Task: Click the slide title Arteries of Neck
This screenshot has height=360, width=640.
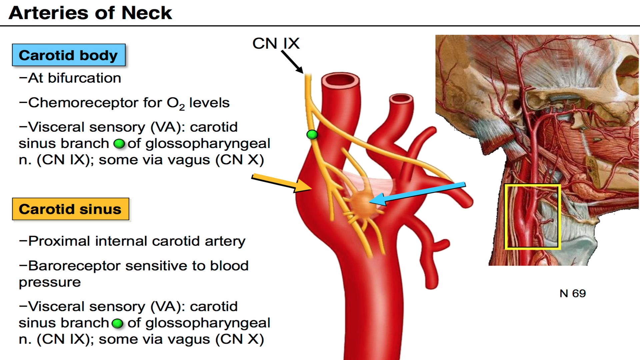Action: (x=90, y=13)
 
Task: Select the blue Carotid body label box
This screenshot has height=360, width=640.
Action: (x=69, y=55)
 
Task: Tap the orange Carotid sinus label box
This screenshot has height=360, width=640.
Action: (x=70, y=209)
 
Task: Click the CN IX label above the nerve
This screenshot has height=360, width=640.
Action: (x=276, y=43)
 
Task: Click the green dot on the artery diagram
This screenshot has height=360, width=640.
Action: (x=312, y=135)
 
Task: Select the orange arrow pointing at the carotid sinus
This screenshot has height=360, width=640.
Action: (x=282, y=183)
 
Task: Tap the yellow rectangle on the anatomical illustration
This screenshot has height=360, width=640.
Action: (x=532, y=217)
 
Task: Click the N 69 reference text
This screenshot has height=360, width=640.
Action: (x=572, y=293)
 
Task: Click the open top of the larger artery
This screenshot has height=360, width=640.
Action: (x=340, y=80)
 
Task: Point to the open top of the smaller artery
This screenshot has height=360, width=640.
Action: (x=401, y=99)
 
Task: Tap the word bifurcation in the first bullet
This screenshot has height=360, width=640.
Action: (x=84, y=78)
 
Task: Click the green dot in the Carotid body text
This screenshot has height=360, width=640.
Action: (x=119, y=144)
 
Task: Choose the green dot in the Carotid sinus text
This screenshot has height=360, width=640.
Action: (x=117, y=323)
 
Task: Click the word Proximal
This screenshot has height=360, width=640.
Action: (x=59, y=241)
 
